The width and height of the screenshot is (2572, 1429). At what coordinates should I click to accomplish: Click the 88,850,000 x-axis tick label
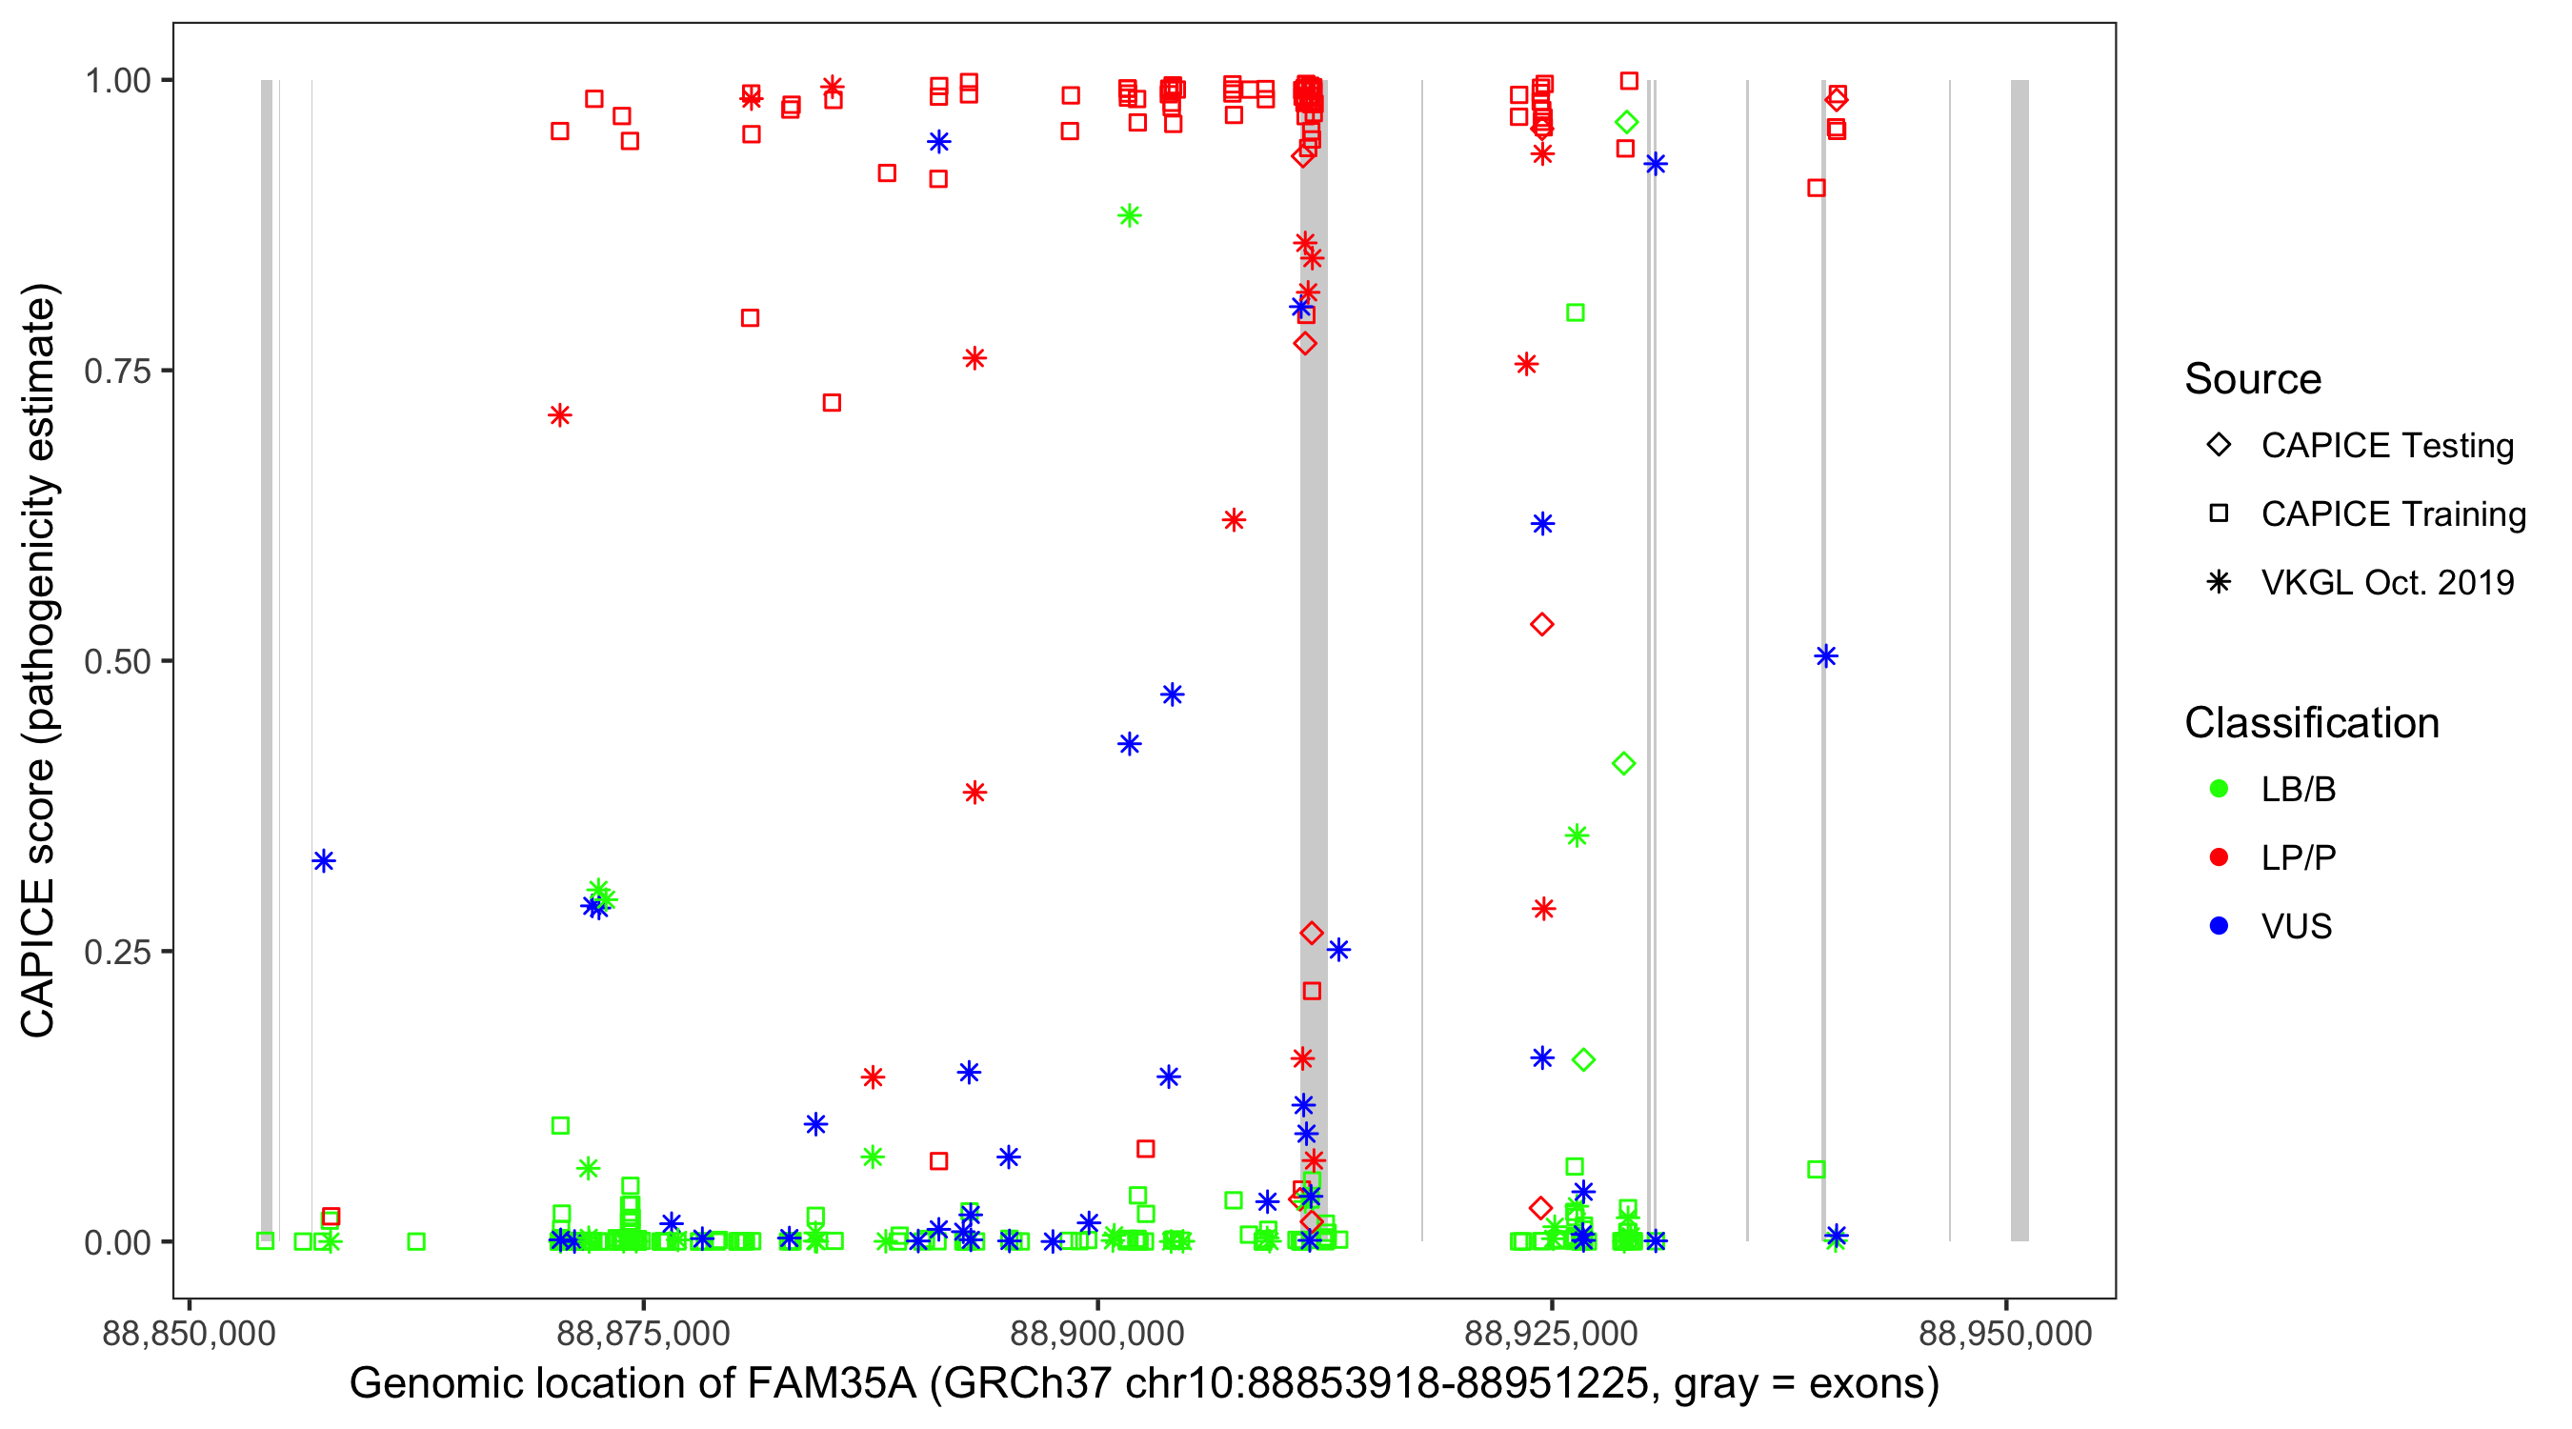pyautogui.click(x=189, y=1333)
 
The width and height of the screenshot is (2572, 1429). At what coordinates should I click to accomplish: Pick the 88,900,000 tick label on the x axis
pyautogui.click(x=1097, y=1333)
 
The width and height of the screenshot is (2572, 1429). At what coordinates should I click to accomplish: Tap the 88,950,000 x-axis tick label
pyautogui.click(x=2005, y=1333)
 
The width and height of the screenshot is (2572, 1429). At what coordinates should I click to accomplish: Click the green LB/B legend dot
pyautogui.click(x=2219, y=790)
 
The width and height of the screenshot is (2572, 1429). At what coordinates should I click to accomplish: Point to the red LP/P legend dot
pyautogui.click(x=2219, y=857)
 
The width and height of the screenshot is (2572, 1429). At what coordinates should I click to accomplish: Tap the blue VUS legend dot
pyautogui.click(x=2219, y=927)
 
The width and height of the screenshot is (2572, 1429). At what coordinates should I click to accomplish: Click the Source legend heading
pyautogui.click(x=2253, y=379)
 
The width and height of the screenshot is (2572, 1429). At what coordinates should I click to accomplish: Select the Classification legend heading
pyautogui.click(x=2311, y=723)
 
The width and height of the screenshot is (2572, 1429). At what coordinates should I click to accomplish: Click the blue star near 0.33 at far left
pyautogui.click(x=324, y=861)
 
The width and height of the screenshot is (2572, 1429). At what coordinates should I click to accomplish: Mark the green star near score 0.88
pyautogui.click(x=1129, y=215)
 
